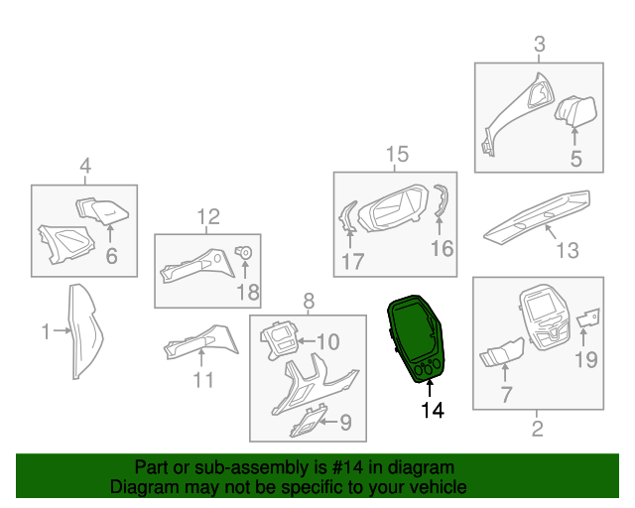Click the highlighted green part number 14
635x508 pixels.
[417, 339]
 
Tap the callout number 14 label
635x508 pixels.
[433, 410]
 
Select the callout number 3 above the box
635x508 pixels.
[540, 44]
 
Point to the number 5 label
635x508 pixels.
[575, 159]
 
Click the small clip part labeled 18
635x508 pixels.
[244, 252]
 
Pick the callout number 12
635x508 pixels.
[208, 216]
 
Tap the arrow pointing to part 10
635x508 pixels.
[306, 341]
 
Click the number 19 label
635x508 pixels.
[586, 359]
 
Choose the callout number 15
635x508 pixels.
[397, 155]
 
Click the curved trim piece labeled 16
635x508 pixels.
[442, 199]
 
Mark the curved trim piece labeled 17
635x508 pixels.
[346, 216]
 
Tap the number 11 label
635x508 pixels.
[203, 380]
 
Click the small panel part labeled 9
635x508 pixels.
[308, 422]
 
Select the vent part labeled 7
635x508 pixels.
[501, 351]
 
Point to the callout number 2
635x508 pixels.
[537, 429]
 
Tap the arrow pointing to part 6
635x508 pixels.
[110, 233]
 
